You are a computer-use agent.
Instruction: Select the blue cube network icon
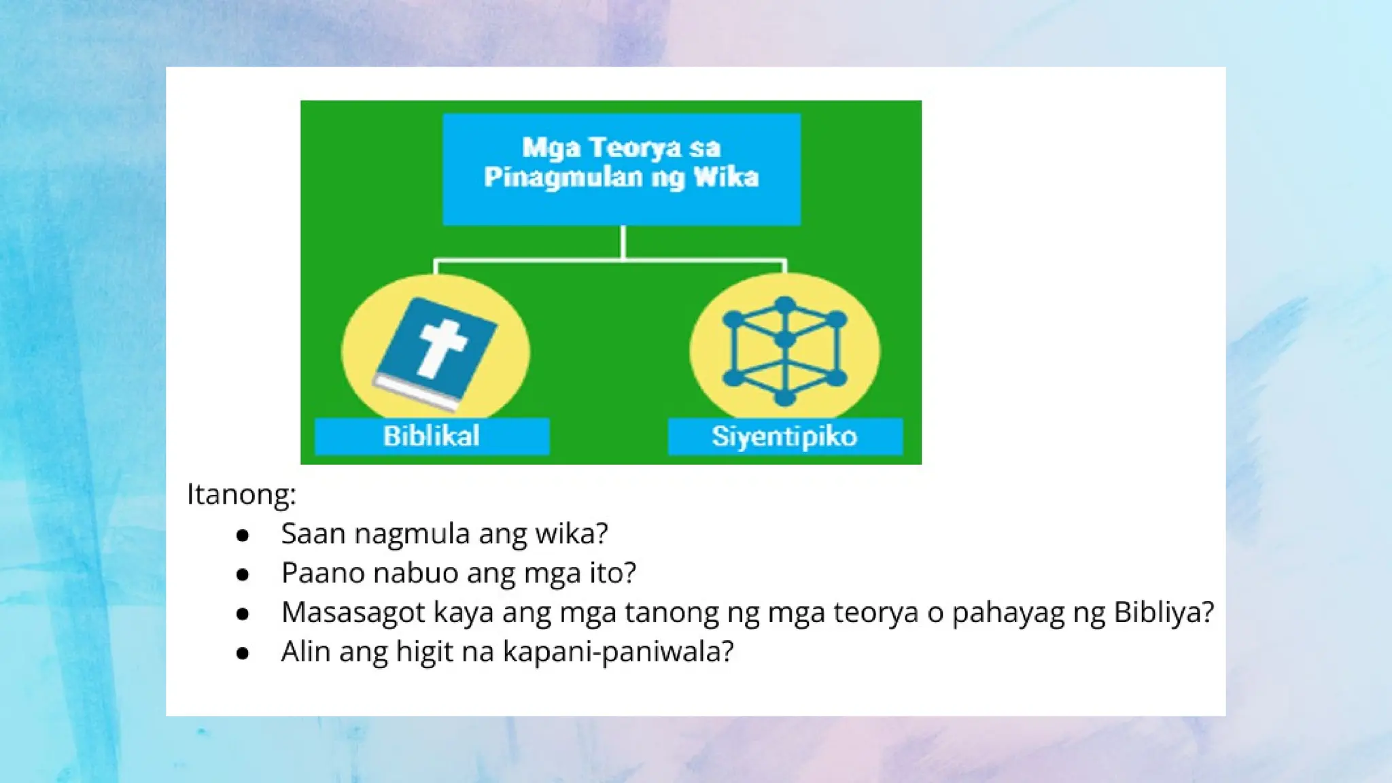click(x=784, y=351)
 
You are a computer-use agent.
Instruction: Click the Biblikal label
click(x=432, y=436)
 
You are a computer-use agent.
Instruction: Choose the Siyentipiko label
click(x=784, y=436)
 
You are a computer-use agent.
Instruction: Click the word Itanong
click(x=241, y=494)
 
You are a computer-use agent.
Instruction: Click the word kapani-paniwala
click(x=618, y=652)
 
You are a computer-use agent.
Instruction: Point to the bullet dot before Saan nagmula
click(x=243, y=536)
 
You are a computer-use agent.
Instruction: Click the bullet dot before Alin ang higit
click(x=243, y=654)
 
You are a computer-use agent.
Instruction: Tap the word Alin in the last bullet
click(x=306, y=652)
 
